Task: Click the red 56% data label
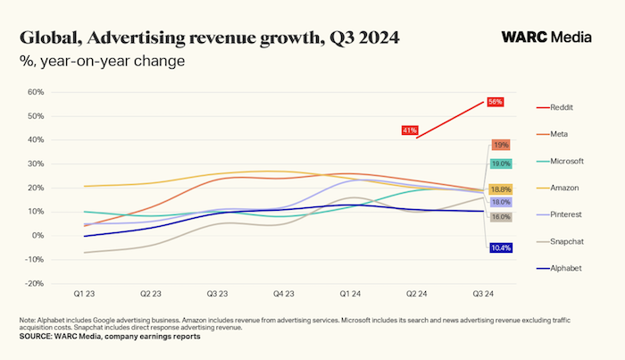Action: click(x=496, y=102)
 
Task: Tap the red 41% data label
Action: click(x=410, y=130)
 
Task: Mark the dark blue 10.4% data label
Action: click(x=500, y=247)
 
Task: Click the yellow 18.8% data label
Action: click(x=500, y=189)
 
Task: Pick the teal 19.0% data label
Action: click(x=500, y=163)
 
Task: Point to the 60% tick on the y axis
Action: click(x=36, y=92)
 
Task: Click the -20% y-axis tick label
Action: click(x=34, y=283)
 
